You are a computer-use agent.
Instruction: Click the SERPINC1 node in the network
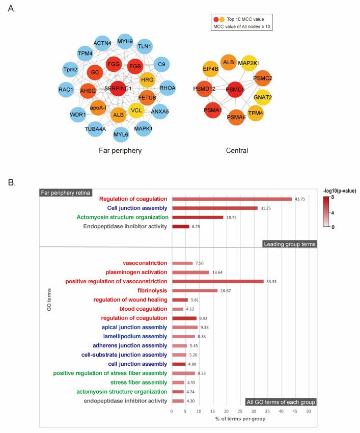118,88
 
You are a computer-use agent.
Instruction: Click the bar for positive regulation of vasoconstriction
217,281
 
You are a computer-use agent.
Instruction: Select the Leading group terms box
290,244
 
